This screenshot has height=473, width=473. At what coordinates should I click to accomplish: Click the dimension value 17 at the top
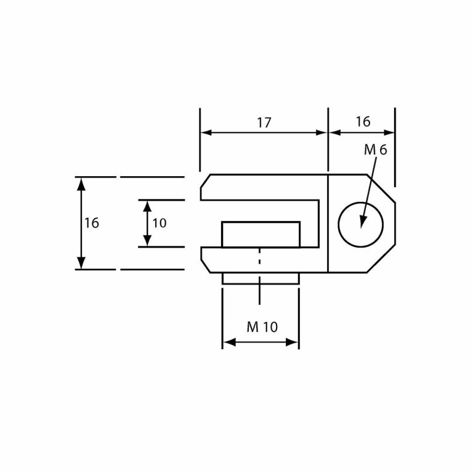(264, 123)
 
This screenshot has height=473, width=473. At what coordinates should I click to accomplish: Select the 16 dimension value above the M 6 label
(363, 122)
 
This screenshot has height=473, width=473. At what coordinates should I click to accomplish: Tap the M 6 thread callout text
(375, 150)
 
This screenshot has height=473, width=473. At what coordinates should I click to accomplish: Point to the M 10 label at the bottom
(262, 328)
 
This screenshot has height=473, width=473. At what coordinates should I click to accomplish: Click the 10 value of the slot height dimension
(160, 224)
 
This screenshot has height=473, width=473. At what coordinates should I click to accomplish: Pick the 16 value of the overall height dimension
(92, 224)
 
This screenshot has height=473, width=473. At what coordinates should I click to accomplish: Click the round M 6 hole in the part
(360, 224)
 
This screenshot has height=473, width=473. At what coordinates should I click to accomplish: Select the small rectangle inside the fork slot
(261, 235)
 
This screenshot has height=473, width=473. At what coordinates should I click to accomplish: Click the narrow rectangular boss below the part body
(261, 278)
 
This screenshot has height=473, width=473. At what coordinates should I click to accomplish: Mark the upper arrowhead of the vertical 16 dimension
(81, 183)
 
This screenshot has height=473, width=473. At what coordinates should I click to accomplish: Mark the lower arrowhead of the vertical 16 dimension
(81, 264)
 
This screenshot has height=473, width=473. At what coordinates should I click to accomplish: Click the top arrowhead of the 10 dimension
(147, 206)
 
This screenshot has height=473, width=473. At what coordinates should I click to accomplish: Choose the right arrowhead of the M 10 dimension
(293, 342)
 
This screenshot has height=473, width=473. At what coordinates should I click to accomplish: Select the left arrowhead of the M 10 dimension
(228, 342)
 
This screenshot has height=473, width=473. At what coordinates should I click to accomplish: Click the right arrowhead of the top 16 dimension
(389, 132)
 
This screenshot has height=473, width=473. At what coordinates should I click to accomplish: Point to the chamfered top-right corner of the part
(381, 188)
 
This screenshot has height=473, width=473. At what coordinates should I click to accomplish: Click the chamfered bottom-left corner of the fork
(205, 265)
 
